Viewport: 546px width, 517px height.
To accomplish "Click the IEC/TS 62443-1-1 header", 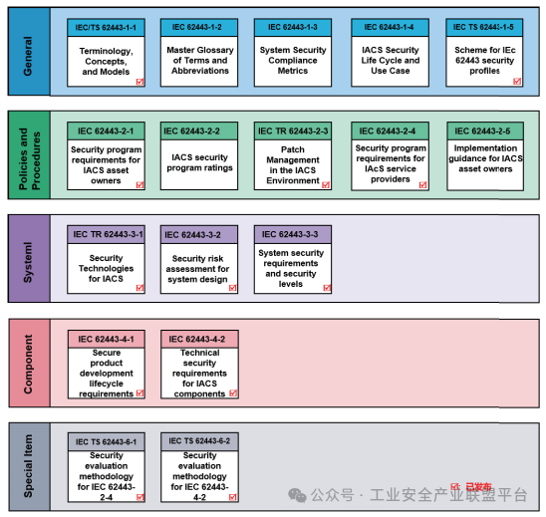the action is click(106, 28).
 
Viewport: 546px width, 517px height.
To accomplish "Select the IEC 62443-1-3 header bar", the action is click(293, 28).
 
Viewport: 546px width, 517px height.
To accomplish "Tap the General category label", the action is click(28, 56).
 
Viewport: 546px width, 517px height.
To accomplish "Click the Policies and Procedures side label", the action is click(29, 158).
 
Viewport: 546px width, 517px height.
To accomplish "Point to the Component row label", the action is click(28, 364).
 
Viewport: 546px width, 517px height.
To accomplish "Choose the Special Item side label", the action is click(28, 466).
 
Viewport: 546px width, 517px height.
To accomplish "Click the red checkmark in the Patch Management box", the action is click(326, 185).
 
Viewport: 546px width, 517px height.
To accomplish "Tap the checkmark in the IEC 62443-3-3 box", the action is click(327, 288).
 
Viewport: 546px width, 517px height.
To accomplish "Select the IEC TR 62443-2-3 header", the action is click(293, 130).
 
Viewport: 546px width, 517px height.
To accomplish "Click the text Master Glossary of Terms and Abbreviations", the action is click(200, 60).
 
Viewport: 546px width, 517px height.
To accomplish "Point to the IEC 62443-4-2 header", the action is click(199, 339).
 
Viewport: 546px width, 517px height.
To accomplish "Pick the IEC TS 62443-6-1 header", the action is click(107, 442).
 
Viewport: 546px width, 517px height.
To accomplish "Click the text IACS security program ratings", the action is click(199, 162).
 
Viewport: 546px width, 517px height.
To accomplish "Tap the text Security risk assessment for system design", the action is click(197, 269).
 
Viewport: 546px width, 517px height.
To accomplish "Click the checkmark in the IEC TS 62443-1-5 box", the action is click(517, 81).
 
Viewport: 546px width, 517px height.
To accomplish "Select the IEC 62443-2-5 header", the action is click(485, 130).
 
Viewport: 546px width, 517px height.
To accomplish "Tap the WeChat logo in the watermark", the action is click(297, 495).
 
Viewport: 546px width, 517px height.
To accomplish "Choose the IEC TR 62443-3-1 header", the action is click(106, 234).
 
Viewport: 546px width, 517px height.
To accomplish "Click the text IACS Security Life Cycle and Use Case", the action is click(390, 60).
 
